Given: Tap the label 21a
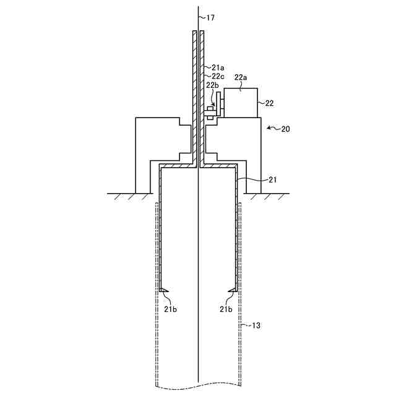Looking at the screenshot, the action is pyautogui.click(x=218, y=67).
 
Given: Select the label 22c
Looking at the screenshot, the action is pyautogui.click(x=218, y=77).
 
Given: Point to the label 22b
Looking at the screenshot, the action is pyautogui.click(x=212, y=85).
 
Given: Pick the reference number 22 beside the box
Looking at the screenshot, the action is pyautogui.click(x=270, y=103).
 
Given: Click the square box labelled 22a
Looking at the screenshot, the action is pyautogui.click(x=240, y=103).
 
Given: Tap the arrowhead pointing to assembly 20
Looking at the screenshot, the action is pyautogui.click(x=267, y=129).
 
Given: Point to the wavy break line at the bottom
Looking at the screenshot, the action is pyautogui.click(x=198, y=388).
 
